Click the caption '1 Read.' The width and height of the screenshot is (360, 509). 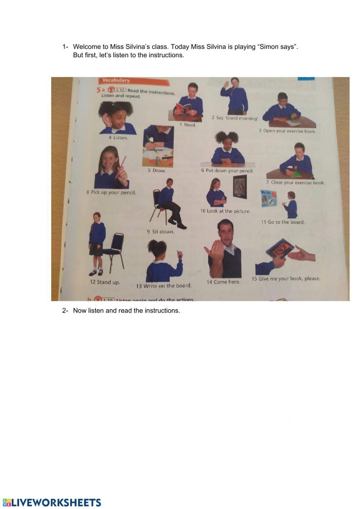coord(188,125)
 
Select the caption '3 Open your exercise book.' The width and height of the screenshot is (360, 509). coord(287,131)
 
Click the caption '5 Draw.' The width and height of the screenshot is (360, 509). coord(157,170)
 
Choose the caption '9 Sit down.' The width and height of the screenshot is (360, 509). coord(161,232)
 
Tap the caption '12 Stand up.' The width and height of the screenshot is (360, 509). coord(105,282)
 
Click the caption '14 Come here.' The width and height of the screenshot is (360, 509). coord(223,282)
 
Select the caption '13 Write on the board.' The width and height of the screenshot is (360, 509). coord(164,286)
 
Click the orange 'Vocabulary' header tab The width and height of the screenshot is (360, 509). coord(116,80)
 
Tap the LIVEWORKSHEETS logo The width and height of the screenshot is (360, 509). coord(52,503)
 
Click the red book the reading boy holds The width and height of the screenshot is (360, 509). coord(183,108)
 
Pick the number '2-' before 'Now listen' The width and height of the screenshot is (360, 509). coord(65,311)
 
